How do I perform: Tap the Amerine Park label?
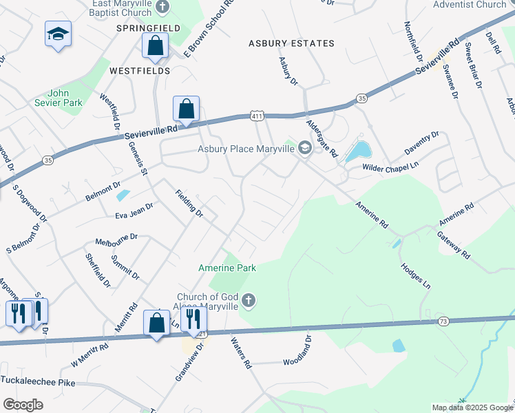227,267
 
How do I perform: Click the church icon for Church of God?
249,300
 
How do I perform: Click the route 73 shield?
443,321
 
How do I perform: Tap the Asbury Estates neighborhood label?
291,43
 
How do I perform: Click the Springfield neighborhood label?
148,28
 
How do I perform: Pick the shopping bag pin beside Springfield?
156,46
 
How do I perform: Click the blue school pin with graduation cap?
58,34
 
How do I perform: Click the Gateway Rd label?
453,244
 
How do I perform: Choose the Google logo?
23,405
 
